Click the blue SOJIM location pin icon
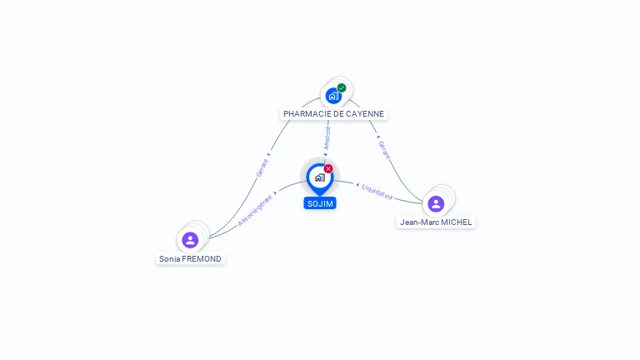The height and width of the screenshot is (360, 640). pyautogui.click(x=319, y=177)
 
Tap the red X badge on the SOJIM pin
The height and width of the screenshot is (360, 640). pyautogui.click(x=328, y=168)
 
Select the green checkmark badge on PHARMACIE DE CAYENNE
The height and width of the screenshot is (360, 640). pyautogui.click(x=342, y=87)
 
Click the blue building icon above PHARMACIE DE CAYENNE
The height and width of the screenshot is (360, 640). pyautogui.click(x=333, y=95)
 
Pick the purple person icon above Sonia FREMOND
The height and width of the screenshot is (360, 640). pyautogui.click(x=190, y=240)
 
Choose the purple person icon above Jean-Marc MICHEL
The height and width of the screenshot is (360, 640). pyautogui.click(x=436, y=203)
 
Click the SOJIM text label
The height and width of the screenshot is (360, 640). pyautogui.click(x=320, y=203)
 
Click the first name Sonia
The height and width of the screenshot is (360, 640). pyautogui.click(x=169, y=259)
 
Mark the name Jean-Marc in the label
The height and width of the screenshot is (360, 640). pyautogui.click(x=418, y=222)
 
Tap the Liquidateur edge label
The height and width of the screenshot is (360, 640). pyautogui.click(x=377, y=192)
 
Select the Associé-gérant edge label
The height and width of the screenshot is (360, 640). pyautogui.click(x=255, y=210)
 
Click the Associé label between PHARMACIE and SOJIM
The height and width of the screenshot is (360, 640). pyautogui.click(x=327, y=137)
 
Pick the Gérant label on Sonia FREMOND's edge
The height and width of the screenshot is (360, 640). pyautogui.click(x=262, y=167)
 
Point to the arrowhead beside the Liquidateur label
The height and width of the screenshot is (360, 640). pyautogui.click(x=357, y=186)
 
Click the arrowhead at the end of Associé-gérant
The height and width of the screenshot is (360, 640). pyautogui.click(x=275, y=193)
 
